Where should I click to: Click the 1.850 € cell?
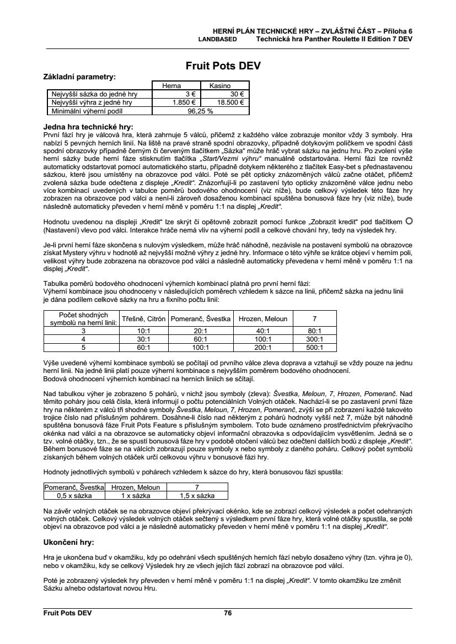[185, 102]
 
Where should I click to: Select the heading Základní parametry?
[79, 77]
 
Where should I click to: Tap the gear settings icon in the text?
[409, 220]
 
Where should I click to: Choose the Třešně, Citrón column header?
[144, 319]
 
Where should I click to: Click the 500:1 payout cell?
[314, 348]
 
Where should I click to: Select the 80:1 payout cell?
[314, 331]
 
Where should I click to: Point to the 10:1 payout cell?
[144, 331]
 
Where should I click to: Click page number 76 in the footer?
[228, 612]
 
